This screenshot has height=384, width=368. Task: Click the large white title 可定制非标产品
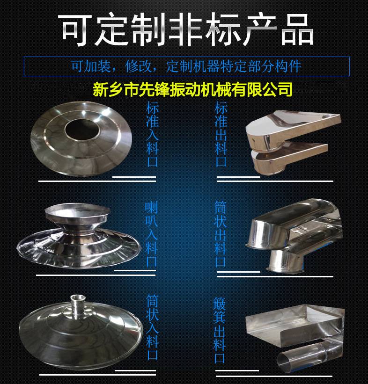tap(185, 29)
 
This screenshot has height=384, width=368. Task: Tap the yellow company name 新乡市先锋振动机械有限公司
tap(192, 89)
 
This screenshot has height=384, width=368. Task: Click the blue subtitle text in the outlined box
tap(186, 66)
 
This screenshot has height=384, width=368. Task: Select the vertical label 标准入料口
tap(152, 134)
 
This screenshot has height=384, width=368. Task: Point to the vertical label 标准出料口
tap(221, 134)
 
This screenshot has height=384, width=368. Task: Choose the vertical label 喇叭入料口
tap(151, 234)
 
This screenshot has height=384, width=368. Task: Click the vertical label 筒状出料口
tap(220, 234)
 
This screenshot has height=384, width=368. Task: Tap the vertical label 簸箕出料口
tap(219, 330)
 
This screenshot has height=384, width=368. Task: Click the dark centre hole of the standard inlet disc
tap(82, 130)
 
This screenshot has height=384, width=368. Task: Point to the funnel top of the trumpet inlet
tap(77, 214)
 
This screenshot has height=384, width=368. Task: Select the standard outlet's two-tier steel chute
tap(292, 142)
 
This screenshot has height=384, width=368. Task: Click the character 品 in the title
tap(297, 30)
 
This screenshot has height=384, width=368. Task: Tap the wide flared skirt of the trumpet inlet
tap(79, 247)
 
